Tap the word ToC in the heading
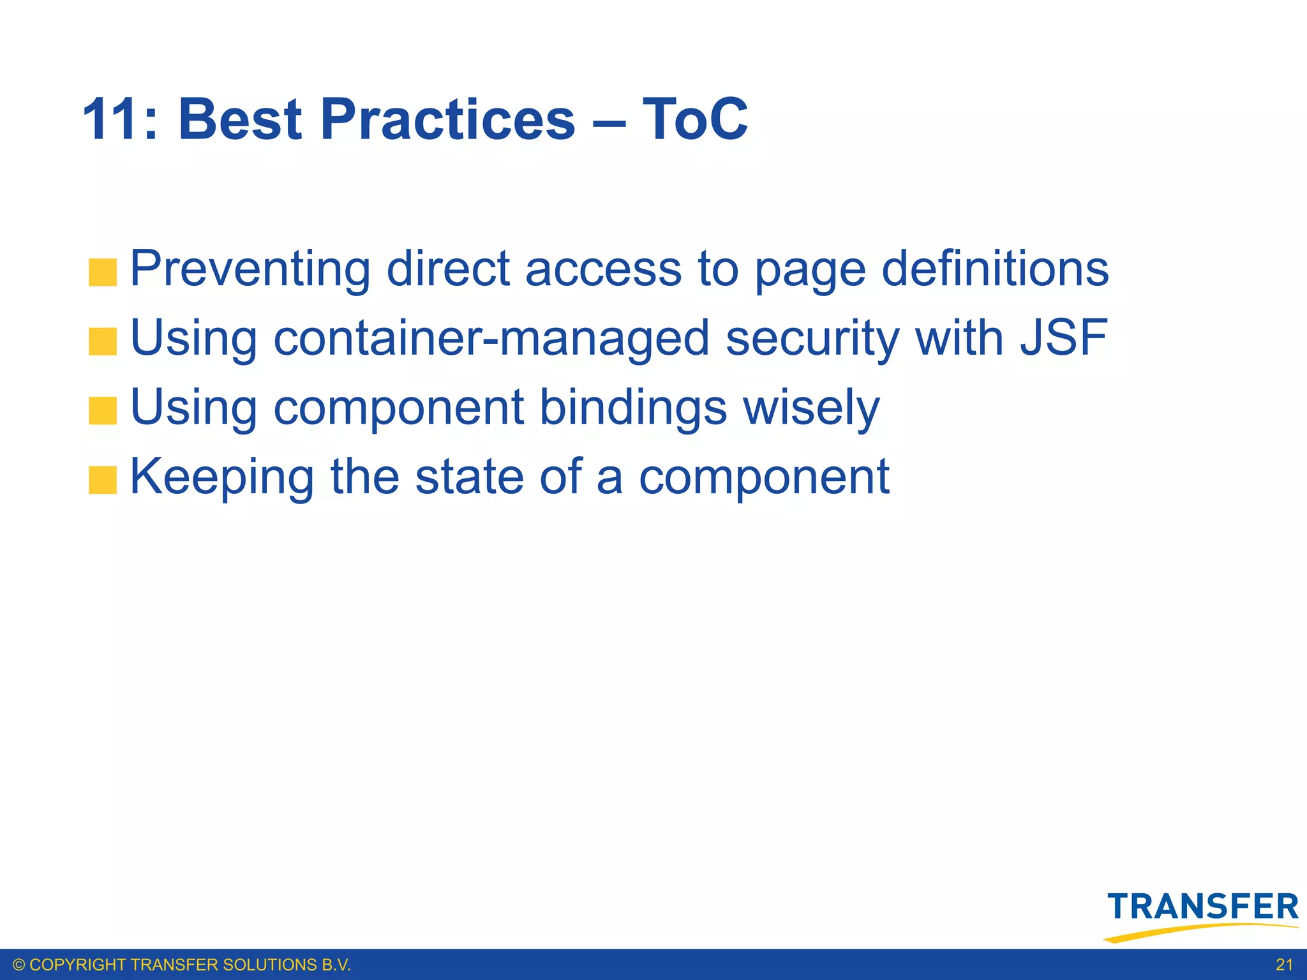(695, 119)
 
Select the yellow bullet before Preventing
(103, 272)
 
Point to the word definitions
(995, 269)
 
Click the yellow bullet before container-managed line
(103, 341)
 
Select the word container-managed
(491, 338)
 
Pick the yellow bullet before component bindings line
(103, 411)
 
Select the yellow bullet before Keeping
(103, 480)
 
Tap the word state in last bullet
(469, 476)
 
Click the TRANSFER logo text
(1202, 907)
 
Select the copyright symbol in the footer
(19, 965)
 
